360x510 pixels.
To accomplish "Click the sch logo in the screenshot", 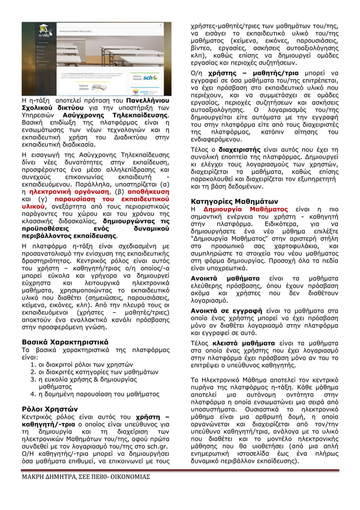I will pyautogui.click(x=150, y=77).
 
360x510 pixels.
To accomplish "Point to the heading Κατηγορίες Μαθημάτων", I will pyautogui.click(x=234, y=200).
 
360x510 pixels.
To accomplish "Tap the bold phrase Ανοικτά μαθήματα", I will pyautogui.click(x=221, y=278).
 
